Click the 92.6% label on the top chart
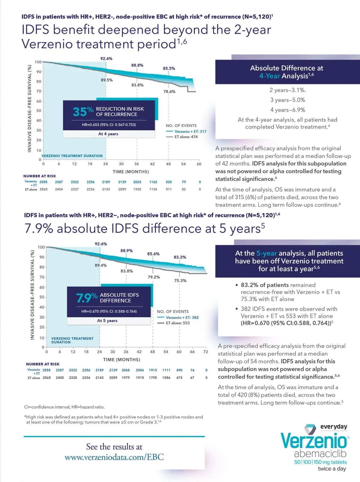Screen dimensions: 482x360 [106, 59]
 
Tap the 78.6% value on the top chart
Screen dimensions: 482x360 [169, 92]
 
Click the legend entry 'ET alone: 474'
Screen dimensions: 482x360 [186, 137]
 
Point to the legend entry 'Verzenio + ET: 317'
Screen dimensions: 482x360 [190, 131]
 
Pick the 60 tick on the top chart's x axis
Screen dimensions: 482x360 [199, 164]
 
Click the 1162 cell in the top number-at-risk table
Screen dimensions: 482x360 [153, 182]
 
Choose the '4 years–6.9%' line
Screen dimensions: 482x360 [287, 110]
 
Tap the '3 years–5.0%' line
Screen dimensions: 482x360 [287, 100]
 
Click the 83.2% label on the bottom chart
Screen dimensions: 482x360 [180, 257]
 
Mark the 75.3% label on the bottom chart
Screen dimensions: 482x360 [180, 281]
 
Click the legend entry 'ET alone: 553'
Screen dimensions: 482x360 [178, 323]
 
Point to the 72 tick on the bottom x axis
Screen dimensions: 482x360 [205, 352]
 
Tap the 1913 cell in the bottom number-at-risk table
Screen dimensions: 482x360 [153, 370]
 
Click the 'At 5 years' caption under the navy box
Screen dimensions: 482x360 [107, 321]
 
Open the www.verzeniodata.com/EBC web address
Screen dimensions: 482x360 [114, 457]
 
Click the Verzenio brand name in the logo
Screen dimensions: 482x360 [313, 441]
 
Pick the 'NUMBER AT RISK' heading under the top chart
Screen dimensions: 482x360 [40, 176]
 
